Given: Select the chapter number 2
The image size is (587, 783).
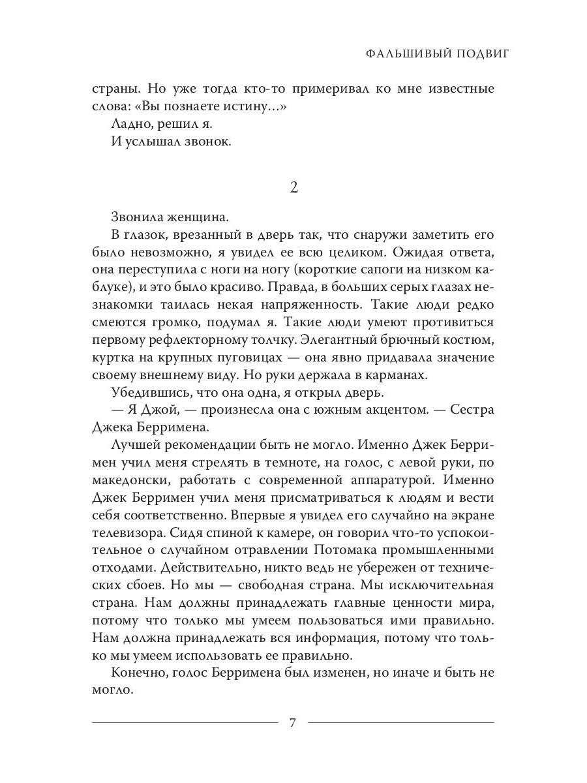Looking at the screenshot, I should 293,188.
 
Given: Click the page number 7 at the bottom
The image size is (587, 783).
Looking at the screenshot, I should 293,722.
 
